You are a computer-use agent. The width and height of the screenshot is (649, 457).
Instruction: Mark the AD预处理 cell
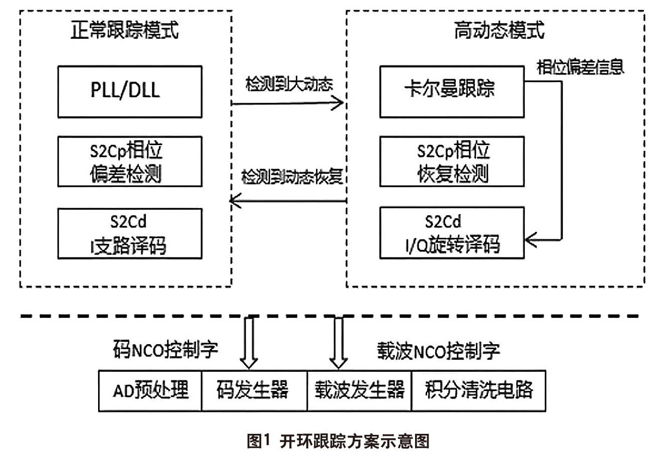(x=150, y=390)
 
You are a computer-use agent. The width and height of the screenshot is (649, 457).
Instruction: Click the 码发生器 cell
(x=254, y=390)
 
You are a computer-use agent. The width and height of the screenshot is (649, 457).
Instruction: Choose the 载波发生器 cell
(x=359, y=390)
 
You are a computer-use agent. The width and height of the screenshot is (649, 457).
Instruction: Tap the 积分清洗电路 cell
(x=478, y=390)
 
